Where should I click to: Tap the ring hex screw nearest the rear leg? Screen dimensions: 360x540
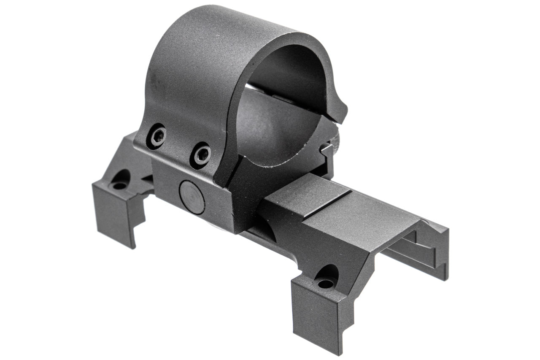tap(157, 136)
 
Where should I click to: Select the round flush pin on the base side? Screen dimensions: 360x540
tap(192, 197)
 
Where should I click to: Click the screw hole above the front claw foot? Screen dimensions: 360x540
tap(326, 280)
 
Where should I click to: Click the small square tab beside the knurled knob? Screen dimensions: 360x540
tap(325, 149)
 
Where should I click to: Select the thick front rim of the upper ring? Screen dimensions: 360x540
tap(295, 46)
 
